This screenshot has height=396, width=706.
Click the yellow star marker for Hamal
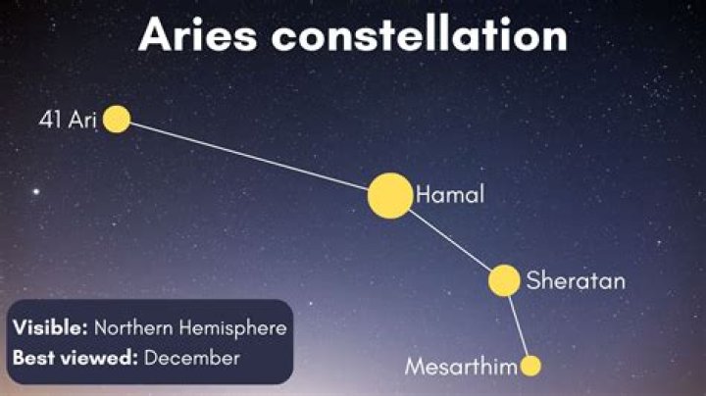click(x=390, y=195)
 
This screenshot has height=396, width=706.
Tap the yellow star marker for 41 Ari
click(x=117, y=119)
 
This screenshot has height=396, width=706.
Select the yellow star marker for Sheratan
click(x=504, y=280)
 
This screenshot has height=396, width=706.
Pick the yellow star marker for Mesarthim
click(x=530, y=367)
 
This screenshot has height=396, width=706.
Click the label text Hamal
click(x=450, y=195)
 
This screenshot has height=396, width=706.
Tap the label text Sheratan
click(x=576, y=281)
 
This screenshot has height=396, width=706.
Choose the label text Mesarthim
click(x=460, y=368)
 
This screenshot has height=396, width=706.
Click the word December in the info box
click(x=192, y=358)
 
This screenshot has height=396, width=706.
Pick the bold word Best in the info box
click(x=32, y=358)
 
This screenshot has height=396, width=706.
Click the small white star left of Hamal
click(x=38, y=190)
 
